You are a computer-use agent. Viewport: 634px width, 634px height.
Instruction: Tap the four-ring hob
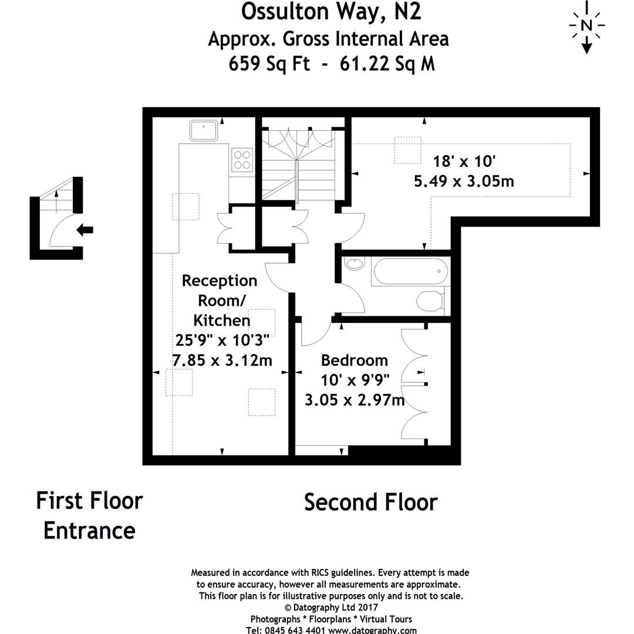click(x=242, y=158)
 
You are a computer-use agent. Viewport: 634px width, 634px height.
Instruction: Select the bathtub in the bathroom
click(x=410, y=272)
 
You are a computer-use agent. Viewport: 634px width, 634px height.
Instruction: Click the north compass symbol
click(x=586, y=26)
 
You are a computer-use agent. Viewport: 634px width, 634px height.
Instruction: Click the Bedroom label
click(x=354, y=360)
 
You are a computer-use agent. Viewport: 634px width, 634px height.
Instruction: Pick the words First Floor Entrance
click(x=89, y=515)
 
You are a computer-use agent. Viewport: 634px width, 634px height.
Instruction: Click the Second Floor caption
click(x=370, y=503)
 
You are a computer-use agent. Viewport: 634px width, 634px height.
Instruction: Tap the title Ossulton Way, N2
click(x=331, y=12)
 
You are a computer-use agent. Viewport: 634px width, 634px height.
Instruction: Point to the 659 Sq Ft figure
click(x=269, y=63)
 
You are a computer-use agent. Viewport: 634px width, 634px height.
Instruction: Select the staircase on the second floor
click(x=298, y=164)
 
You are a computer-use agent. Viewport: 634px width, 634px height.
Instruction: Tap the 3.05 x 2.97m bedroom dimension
click(x=355, y=400)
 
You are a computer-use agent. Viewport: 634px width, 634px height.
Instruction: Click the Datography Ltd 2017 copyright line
click(x=331, y=608)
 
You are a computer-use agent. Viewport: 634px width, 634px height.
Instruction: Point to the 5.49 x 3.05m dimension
click(x=464, y=181)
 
